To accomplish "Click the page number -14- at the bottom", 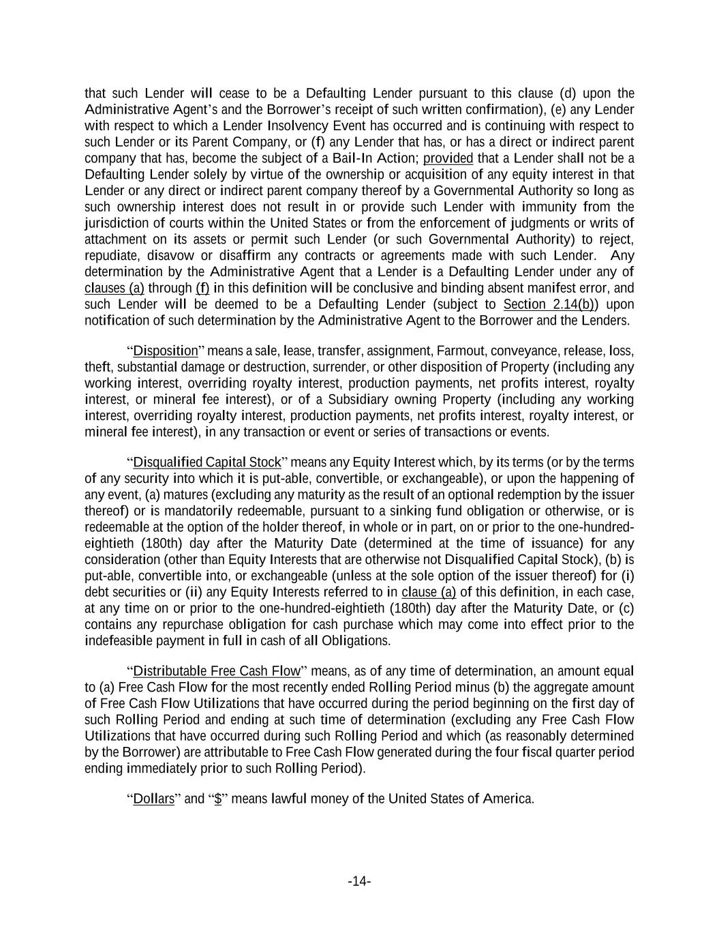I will pos(359,882).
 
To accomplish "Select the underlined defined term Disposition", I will pos(165,351).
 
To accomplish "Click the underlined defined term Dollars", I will pos(154,799).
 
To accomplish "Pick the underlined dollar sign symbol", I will pos(218,799).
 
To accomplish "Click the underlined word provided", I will pos(448,158).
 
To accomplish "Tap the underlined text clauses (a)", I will pos(114,288).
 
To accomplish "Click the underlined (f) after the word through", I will pos(202,288).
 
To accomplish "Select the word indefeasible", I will pos(120,640).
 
